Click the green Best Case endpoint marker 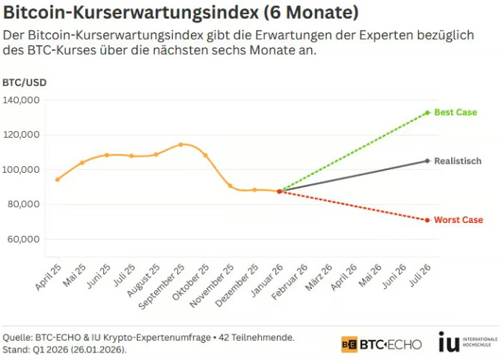coord(427,112)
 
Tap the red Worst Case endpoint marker coord(427,220)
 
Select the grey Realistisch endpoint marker coord(427,161)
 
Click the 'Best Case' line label coord(455,112)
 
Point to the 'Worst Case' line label coord(458,220)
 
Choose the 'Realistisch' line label coord(457,161)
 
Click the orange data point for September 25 coord(180,144)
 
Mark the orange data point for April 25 coord(57,180)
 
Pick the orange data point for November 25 coord(230,186)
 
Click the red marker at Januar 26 coord(279,192)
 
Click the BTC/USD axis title coord(24,82)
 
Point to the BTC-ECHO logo coord(382,344)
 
